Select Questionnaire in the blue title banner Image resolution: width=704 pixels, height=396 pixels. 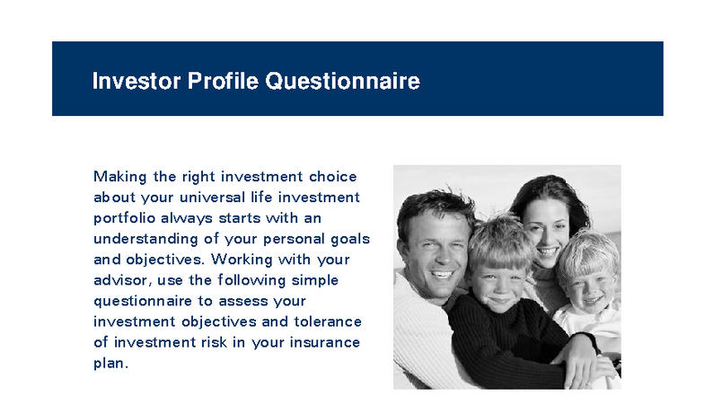(342, 82)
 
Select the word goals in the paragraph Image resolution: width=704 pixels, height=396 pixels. (348, 239)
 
